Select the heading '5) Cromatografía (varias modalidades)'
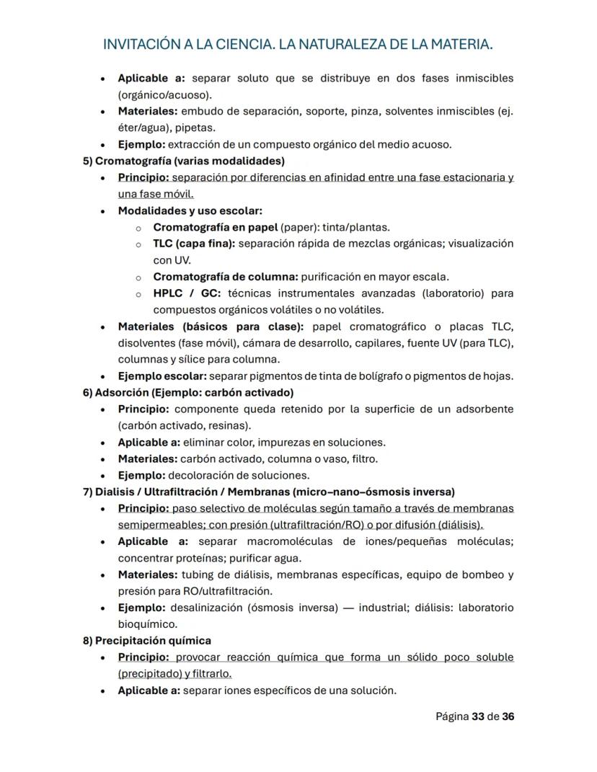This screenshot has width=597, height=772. pos(184,161)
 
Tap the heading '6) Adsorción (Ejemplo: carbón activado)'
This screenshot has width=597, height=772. pos(188,393)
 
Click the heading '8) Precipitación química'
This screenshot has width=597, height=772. pos(147,641)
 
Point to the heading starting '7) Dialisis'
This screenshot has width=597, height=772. pos(269,492)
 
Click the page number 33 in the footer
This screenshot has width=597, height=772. pos(477,716)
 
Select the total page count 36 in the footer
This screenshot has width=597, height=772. pos(508,716)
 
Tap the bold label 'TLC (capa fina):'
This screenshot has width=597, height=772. pos(194,244)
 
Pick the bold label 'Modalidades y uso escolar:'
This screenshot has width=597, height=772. pos(190,211)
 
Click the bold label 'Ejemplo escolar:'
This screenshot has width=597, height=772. pos(162,376)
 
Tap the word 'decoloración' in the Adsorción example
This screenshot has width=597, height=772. pos(200,476)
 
